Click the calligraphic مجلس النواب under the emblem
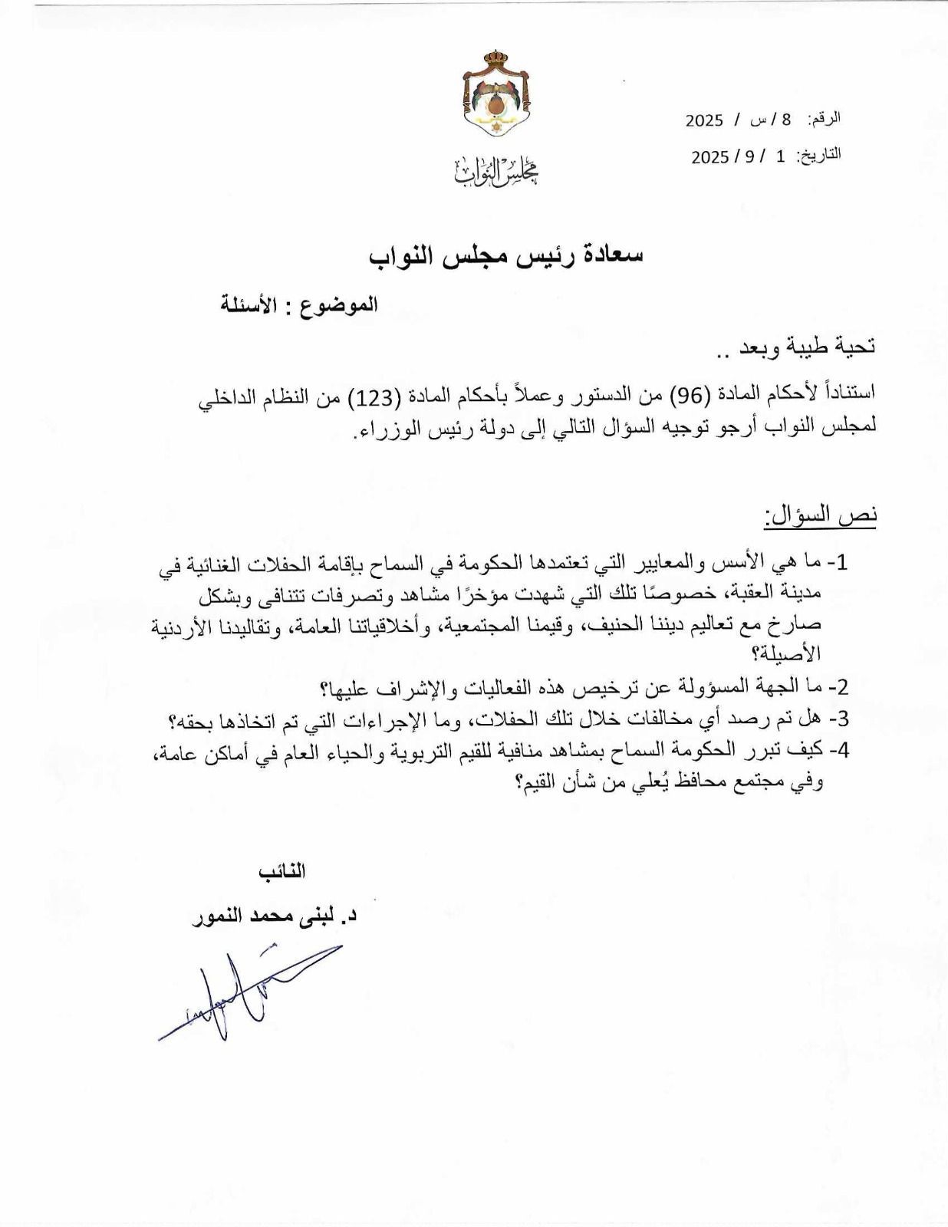click(x=495, y=173)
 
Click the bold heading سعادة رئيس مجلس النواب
click(x=505, y=255)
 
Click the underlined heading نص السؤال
click(x=820, y=515)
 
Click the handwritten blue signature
click(x=245, y=989)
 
